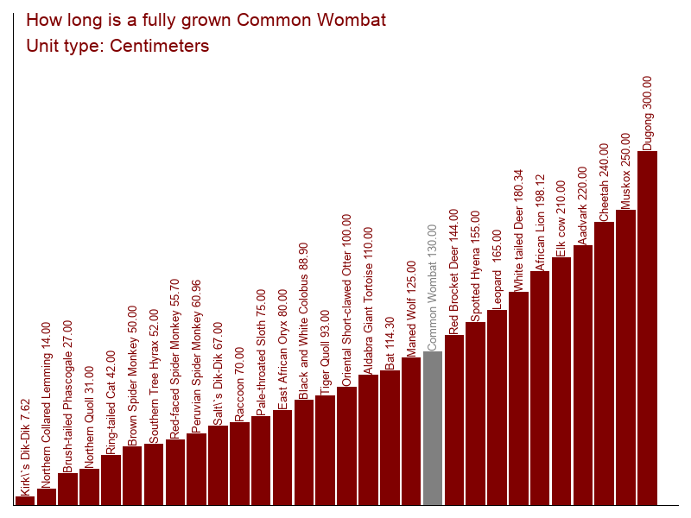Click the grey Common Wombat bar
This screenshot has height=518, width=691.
433,428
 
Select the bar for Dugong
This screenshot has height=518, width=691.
647,328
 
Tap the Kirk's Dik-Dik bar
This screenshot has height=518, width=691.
25,501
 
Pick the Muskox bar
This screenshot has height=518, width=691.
625,357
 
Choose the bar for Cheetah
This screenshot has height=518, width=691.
604,363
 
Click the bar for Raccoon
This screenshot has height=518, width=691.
239,464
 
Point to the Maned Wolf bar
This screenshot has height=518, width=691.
411,431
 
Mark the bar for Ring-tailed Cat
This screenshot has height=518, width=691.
111,480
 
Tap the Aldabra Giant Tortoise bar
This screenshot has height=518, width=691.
368,439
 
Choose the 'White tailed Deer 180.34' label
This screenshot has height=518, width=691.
518,230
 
